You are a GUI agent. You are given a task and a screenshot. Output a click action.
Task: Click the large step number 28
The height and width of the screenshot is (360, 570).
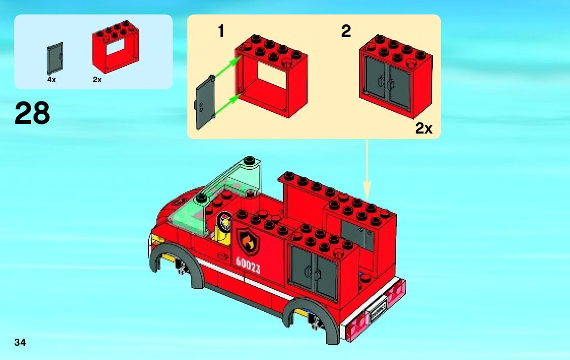(32, 113)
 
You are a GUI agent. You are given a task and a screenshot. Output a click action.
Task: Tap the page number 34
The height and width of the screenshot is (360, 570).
(20, 342)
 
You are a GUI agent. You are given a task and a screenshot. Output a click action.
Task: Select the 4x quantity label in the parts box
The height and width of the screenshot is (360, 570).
(52, 80)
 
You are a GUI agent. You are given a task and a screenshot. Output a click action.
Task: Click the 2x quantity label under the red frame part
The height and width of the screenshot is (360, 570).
(97, 80)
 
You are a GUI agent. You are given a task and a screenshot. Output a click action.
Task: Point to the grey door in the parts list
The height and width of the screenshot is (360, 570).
(55, 58)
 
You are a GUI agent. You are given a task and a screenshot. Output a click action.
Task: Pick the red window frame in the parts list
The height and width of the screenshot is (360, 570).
(116, 47)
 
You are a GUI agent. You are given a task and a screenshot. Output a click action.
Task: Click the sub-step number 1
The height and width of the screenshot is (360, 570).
(221, 31)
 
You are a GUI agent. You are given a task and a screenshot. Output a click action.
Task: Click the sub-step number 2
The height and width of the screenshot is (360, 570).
(346, 31)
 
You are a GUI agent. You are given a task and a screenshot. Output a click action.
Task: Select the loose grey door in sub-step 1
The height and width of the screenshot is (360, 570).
(206, 102)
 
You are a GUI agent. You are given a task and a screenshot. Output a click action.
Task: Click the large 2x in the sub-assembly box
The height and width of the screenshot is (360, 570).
(424, 128)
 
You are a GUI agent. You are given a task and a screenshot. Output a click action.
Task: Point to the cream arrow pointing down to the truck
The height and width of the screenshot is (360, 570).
(367, 170)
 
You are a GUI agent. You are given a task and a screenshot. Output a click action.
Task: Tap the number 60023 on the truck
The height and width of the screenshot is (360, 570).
(248, 265)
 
